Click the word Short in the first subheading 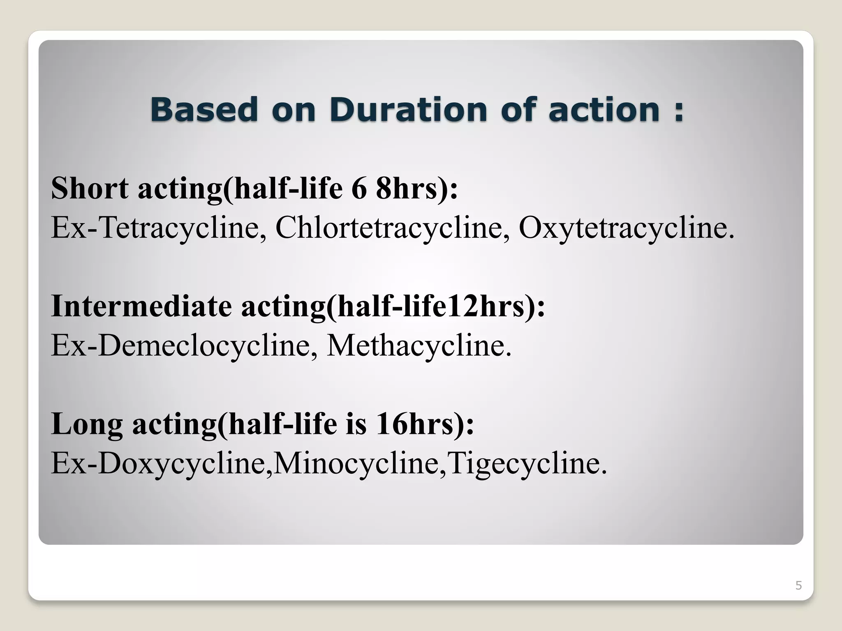[x=90, y=188]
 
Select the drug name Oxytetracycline [x=626, y=227]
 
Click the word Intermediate [x=141, y=306]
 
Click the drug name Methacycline [x=419, y=345]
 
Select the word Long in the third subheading [x=87, y=424]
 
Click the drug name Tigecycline [x=527, y=463]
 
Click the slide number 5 [x=798, y=585]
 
